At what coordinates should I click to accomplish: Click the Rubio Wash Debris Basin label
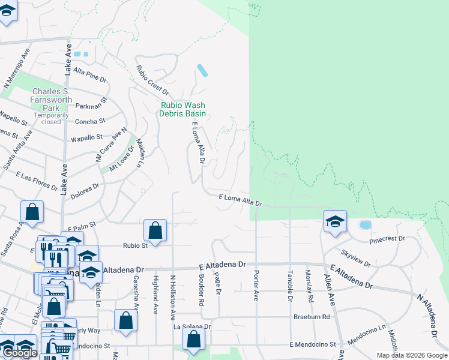[183, 109]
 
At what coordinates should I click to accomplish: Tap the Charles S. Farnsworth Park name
[52, 95]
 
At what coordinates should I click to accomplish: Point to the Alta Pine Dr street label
[89, 79]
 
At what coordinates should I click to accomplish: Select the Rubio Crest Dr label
[152, 80]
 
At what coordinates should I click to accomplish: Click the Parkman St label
[92, 106]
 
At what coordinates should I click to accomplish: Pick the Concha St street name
[89, 121]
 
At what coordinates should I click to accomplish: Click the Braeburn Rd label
[312, 316]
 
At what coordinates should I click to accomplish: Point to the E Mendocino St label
[311, 344]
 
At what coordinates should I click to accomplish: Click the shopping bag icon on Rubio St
[155, 230]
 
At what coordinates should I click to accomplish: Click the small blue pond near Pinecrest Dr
[364, 225]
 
